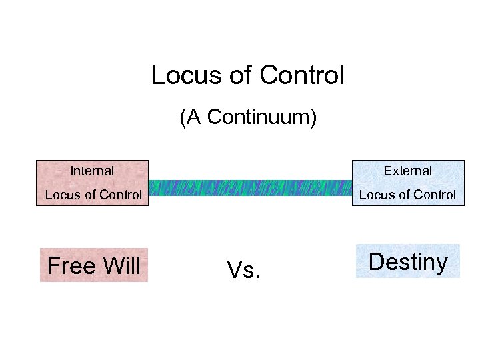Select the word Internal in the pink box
[92, 171]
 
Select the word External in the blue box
[408, 171]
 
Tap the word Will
[121, 266]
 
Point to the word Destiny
[408, 262]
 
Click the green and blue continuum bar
[249, 188]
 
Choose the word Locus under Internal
[60, 195]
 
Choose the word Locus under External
[375, 195]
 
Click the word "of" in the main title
[239, 75]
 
